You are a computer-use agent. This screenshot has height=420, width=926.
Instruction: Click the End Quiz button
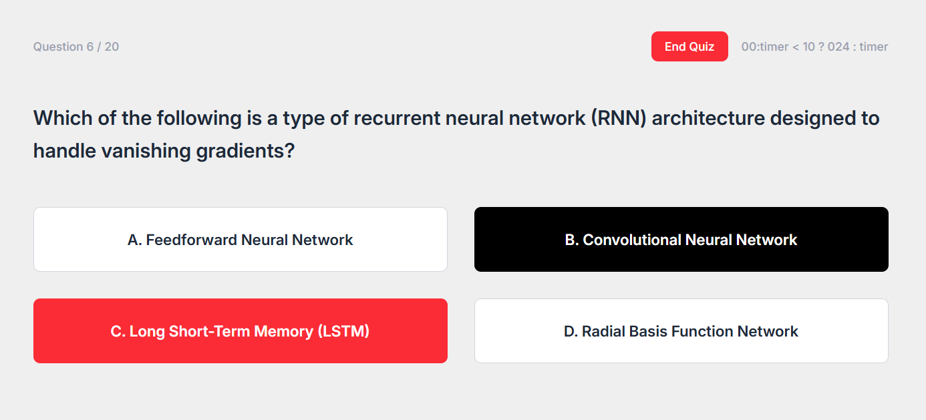(689, 46)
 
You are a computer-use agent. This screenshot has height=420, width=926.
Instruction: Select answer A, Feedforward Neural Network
(240, 240)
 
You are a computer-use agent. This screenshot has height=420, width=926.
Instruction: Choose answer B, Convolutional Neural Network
(681, 240)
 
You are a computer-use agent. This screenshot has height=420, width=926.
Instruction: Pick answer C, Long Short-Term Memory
(240, 331)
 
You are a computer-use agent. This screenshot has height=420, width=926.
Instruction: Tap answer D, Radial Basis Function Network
(681, 331)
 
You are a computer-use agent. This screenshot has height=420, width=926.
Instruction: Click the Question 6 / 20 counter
(76, 47)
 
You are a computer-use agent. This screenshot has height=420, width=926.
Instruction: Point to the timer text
(814, 47)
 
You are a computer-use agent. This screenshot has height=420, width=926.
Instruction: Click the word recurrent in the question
(396, 119)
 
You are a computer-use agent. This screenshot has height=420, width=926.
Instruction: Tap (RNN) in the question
(619, 119)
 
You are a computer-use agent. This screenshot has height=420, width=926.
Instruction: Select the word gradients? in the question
(245, 151)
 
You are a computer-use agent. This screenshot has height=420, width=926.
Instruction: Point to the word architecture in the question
(708, 119)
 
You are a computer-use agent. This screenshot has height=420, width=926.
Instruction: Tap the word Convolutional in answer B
(631, 240)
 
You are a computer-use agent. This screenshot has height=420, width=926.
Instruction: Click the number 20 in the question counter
(112, 47)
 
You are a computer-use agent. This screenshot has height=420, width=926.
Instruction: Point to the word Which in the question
(63, 119)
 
